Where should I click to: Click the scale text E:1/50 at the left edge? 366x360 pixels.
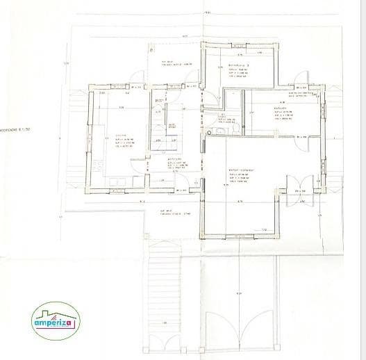[x=15, y=129]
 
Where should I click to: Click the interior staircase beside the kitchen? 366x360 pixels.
[x=166, y=122]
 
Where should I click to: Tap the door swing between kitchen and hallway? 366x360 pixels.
[x=142, y=164]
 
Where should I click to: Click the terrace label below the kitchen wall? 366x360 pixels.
[x=167, y=211]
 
